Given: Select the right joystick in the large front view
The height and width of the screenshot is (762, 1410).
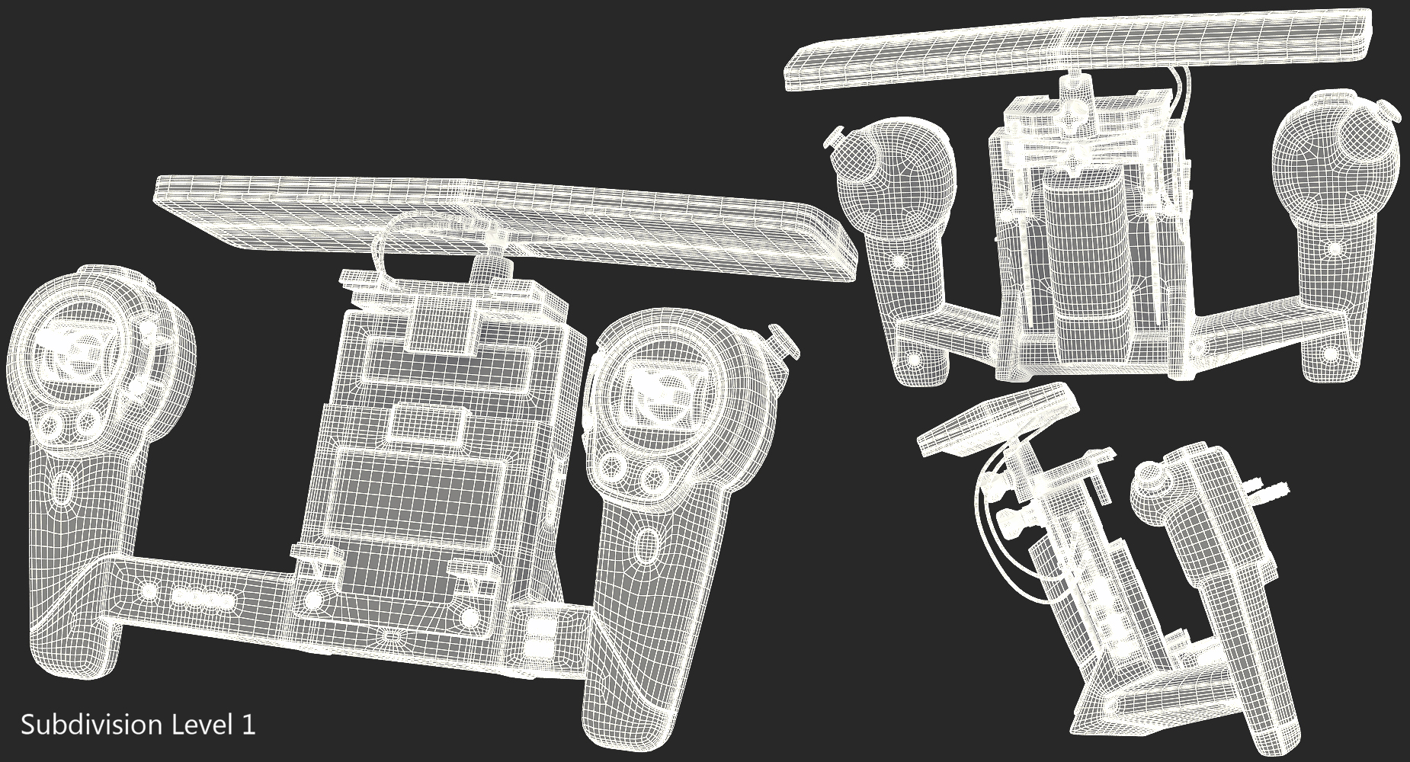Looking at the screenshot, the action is pyautogui.click(x=652, y=389).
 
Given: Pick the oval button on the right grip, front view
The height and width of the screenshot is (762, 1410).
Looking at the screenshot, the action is pyautogui.click(x=649, y=546).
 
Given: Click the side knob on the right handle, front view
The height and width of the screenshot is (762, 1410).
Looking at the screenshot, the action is pyautogui.click(x=785, y=339).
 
